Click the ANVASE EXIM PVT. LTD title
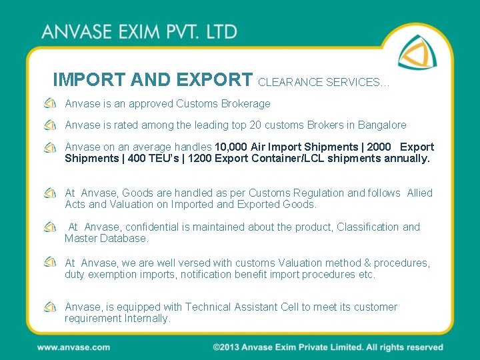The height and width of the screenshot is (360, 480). tap(139, 32)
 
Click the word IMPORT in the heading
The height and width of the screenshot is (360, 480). tap(88, 80)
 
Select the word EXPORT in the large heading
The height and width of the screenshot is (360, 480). tap(213, 80)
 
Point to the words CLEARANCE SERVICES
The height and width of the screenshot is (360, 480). tap(323, 83)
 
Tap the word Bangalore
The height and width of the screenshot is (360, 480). tap(382, 125)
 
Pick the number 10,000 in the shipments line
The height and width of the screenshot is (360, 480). tap(231, 147)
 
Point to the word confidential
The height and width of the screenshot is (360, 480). tap(162, 227)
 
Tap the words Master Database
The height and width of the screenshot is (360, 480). tap(107, 238)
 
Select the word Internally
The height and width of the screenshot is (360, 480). tap(147, 318)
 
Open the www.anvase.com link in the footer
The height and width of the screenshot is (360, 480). tap(73, 347)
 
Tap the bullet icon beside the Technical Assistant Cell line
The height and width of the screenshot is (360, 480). tap(50, 307)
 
